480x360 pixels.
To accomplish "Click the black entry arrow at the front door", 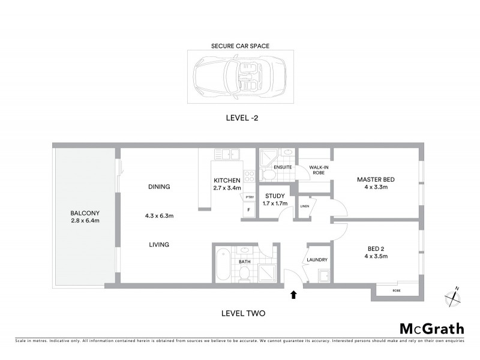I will (x=293, y=294).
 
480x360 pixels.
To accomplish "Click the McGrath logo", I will (x=431, y=328).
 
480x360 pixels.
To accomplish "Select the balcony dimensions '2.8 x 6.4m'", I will (x=85, y=221).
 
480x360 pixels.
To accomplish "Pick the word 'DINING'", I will (x=159, y=187).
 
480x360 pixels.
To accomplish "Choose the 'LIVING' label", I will (x=159, y=244).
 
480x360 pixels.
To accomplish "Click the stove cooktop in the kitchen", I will (x=251, y=176).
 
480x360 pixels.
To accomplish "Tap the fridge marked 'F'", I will (x=249, y=210).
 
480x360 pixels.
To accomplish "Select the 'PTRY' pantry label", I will (x=250, y=197).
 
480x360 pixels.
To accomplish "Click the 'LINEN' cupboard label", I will (x=304, y=206).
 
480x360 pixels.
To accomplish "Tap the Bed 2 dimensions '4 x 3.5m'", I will (x=378, y=256).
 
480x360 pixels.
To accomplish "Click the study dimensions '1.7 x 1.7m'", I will (x=275, y=203).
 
